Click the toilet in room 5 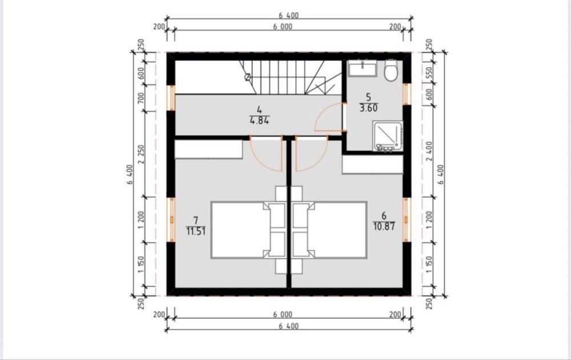(x=391, y=70)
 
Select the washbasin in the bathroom (x=363, y=69)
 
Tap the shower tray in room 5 (x=388, y=136)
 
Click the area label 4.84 (x=259, y=120)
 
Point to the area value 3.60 (x=368, y=108)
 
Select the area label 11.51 (x=196, y=231)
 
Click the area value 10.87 (x=384, y=226)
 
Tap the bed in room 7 (x=248, y=230)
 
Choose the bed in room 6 (x=329, y=230)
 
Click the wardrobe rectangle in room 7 (x=208, y=149)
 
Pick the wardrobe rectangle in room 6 (x=372, y=164)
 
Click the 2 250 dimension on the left (x=141, y=154)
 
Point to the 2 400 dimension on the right (x=429, y=151)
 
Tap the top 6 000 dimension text (x=283, y=27)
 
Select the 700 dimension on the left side (x=141, y=98)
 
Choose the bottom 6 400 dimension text (x=289, y=326)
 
